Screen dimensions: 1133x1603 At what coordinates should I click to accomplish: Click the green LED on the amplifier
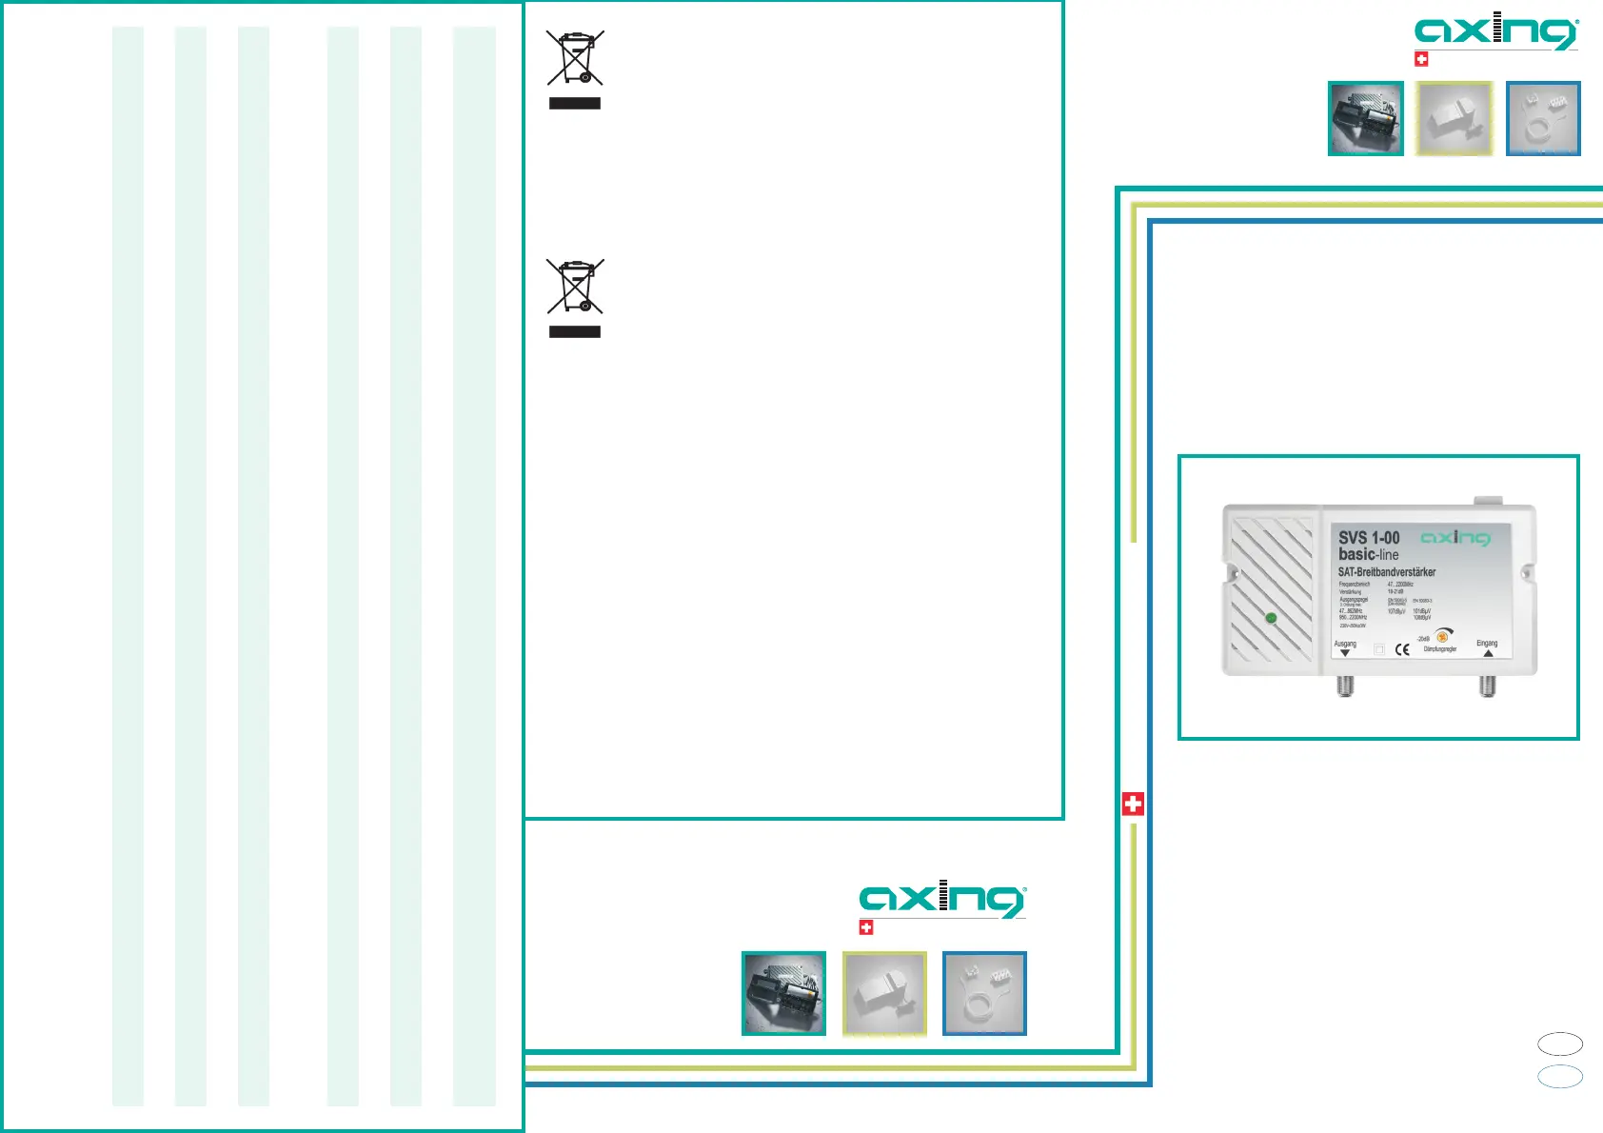(1271, 618)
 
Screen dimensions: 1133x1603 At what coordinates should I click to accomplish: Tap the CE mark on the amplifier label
(1402, 649)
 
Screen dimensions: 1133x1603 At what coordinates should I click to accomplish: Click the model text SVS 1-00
(1369, 538)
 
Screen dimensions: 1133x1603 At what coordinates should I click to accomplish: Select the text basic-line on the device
(1368, 554)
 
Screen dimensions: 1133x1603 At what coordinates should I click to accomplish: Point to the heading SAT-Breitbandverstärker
(1386, 572)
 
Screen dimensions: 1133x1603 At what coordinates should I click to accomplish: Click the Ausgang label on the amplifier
(1345, 644)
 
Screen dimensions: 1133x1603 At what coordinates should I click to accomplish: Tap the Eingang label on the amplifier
(1487, 644)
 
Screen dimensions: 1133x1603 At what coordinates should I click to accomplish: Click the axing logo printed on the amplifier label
(1455, 538)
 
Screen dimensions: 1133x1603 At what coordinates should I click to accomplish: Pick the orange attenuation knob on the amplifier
(1442, 637)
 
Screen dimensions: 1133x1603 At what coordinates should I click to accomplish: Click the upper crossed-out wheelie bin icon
(575, 57)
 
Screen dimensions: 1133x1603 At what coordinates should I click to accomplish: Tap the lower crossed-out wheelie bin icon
(575, 286)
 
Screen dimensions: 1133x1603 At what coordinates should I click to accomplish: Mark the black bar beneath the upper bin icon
(575, 103)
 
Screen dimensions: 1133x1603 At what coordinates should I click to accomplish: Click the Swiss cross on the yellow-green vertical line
(1133, 804)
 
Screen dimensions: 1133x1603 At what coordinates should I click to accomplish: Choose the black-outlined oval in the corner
(1560, 1044)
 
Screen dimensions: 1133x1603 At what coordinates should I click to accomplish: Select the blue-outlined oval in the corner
(1560, 1076)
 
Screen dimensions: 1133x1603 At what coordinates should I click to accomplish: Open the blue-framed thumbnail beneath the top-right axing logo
(1543, 118)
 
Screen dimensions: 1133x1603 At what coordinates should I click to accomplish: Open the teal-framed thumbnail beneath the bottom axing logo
(783, 993)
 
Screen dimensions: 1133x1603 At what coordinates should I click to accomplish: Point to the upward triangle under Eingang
(1488, 654)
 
